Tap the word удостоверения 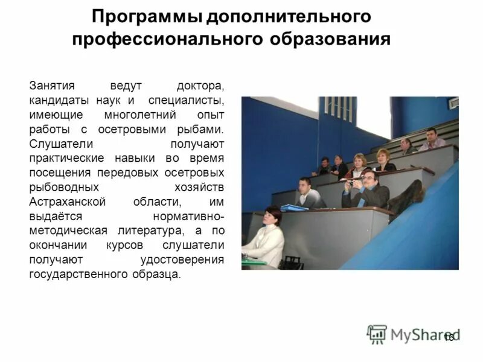(x=182, y=259)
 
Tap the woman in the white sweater (x=268, y=238)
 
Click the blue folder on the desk (x=294, y=207)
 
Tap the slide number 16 (x=449, y=338)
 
